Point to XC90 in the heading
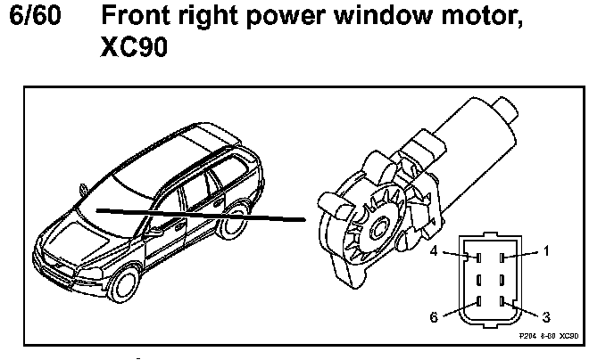pos(137,48)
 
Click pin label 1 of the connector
pos(546,252)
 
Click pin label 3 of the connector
pos(546,315)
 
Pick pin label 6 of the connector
pos(435,316)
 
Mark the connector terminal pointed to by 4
pos(479,258)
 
